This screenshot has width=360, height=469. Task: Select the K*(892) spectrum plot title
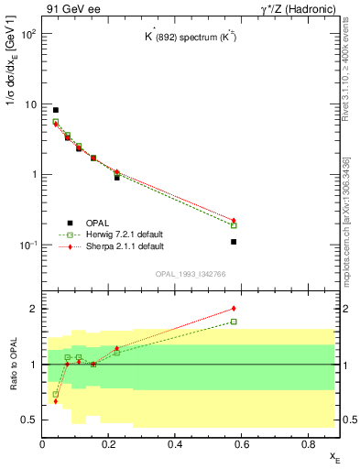[x=191, y=39]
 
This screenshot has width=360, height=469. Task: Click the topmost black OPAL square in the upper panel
[x=56, y=110]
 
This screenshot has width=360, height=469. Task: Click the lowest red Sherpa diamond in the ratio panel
[x=56, y=401]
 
